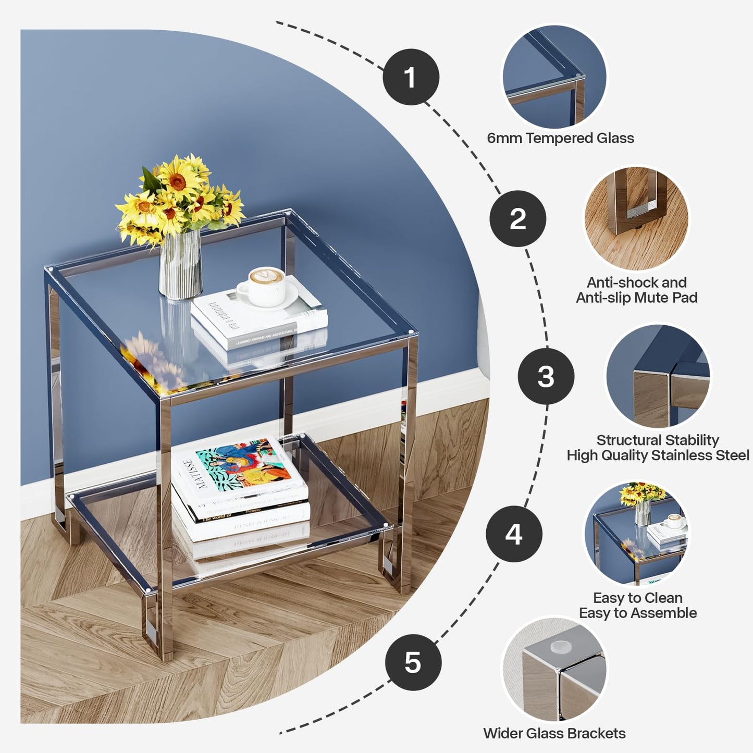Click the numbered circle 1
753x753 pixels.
tap(411, 77)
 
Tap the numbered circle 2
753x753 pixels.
tap(517, 218)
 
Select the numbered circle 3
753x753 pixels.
tap(546, 376)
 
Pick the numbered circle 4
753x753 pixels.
tap(514, 534)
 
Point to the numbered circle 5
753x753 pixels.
tap(413, 662)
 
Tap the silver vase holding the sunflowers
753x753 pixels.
tap(181, 266)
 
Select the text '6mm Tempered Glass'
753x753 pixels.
tap(560, 138)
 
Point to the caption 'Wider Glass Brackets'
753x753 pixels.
tap(554, 733)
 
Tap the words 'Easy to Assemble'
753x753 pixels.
tap(637, 613)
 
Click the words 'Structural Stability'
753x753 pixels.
tap(657, 440)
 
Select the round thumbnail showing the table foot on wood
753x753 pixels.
tap(636, 218)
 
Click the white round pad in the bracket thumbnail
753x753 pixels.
tap(561, 647)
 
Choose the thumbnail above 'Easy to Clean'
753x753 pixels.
tap(636, 533)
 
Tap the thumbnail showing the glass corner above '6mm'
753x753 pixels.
tap(554, 76)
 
